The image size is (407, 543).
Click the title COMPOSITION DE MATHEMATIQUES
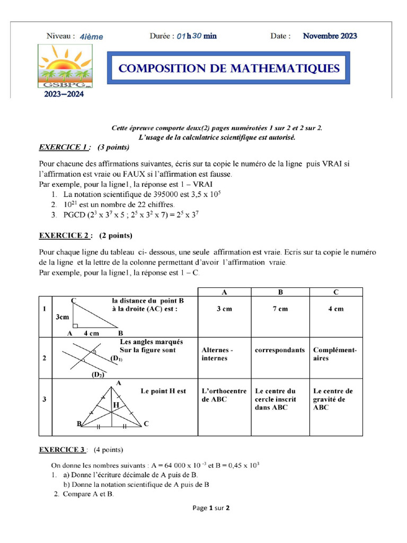[228, 68]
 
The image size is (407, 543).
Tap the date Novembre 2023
[330, 36]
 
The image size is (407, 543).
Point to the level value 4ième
[91, 37]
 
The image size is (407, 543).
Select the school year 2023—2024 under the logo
[61, 94]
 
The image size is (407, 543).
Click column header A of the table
[224, 292]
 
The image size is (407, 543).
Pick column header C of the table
[335, 292]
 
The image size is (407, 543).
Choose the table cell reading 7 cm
[280, 309]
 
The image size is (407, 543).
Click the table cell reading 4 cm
[335, 309]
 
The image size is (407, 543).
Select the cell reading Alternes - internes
[218, 354]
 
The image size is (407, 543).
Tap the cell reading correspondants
[280, 351]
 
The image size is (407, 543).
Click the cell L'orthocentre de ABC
[224, 395]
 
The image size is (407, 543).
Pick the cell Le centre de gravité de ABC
[333, 399]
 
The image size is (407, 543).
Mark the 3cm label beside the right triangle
[62, 317]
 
